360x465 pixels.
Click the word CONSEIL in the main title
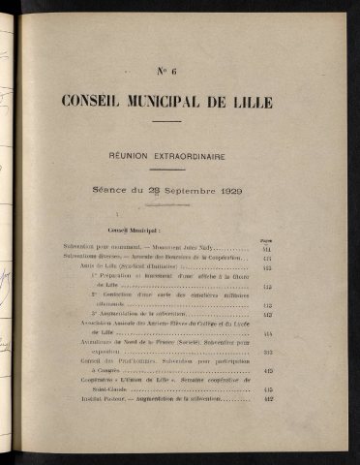point(95,101)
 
